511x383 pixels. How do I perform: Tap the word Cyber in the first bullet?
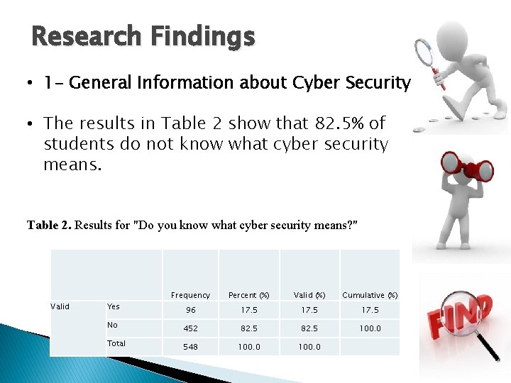[317, 84]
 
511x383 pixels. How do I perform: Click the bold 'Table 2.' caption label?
[48, 226]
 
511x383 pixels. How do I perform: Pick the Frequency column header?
[190, 295]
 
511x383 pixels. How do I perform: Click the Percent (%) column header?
[248, 295]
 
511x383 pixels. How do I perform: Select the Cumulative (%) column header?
[370, 295]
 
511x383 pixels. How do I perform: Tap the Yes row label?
[114, 306]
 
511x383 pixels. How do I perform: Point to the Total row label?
[116, 343]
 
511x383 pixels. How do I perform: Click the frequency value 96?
[190, 311]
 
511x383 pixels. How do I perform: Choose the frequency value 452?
[190, 329]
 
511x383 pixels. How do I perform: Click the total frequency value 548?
[190, 348]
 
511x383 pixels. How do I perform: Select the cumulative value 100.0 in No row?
[370, 329]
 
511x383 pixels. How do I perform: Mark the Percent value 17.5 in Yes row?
[248, 311]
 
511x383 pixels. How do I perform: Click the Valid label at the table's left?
[60, 306]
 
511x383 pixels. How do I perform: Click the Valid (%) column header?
[310, 295]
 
